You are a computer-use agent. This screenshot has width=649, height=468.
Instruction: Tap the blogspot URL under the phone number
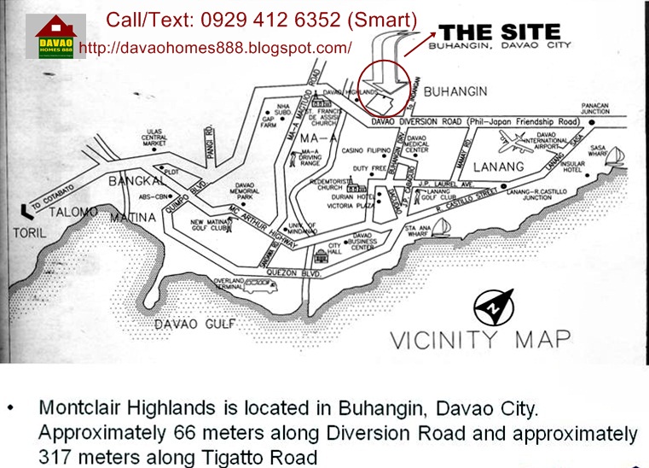[x=215, y=48]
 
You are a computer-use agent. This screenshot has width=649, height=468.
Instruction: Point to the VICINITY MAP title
[x=479, y=338]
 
